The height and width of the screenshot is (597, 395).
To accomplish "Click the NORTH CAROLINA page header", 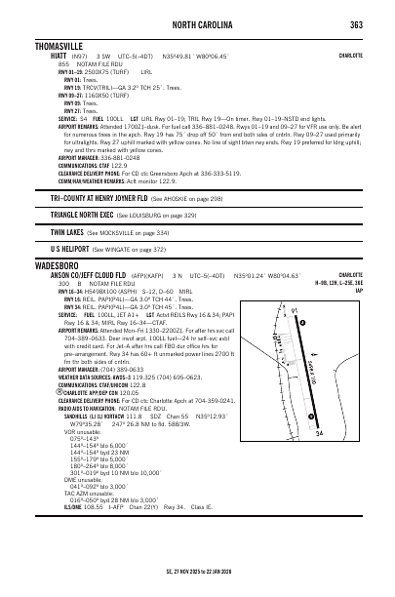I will (x=200, y=25).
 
